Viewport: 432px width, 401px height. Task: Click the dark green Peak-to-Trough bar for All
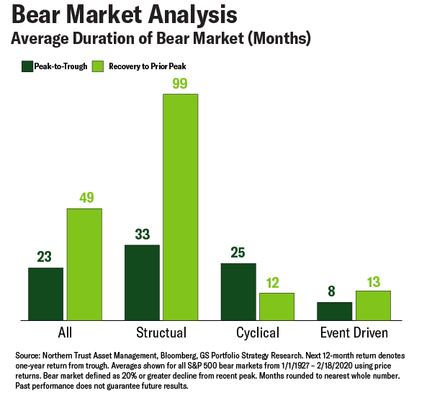(x=46, y=294)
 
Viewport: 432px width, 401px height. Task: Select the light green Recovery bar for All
(x=84, y=264)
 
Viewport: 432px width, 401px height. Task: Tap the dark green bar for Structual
(x=142, y=282)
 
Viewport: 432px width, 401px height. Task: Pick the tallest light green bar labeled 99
(x=180, y=207)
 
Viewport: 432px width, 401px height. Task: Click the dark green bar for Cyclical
(x=238, y=291)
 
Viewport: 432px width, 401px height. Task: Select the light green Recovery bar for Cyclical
(x=276, y=307)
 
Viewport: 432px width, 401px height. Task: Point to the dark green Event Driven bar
(x=334, y=311)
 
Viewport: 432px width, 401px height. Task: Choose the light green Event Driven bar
(x=373, y=305)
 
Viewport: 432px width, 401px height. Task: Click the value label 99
(x=180, y=84)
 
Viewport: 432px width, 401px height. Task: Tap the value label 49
(x=84, y=198)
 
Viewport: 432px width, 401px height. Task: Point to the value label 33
(x=142, y=234)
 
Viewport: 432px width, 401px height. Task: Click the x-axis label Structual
(x=161, y=333)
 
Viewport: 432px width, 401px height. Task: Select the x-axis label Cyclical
(x=257, y=333)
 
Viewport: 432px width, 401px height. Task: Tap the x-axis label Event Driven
(x=354, y=333)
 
